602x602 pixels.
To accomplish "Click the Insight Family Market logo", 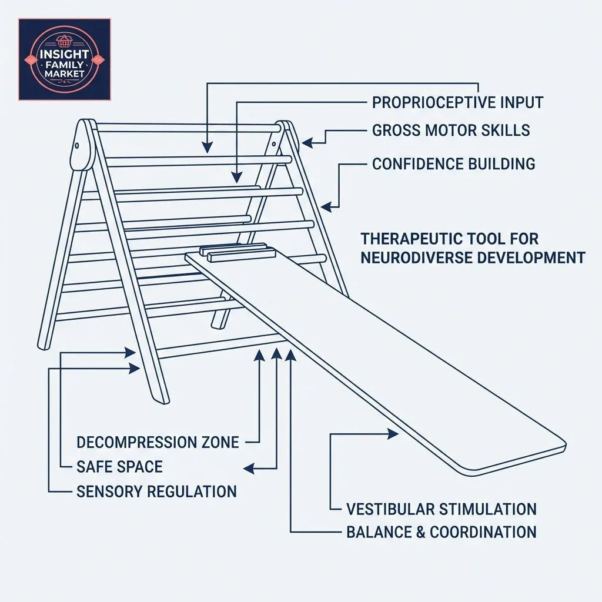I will click(x=64, y=59).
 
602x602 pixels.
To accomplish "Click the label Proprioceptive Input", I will click(x=457, y=102).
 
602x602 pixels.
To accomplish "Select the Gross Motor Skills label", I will click(x=451, y=131).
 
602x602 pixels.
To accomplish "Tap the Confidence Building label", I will click(x=453, y=164).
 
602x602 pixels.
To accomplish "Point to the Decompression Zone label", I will click(x=158, y=442).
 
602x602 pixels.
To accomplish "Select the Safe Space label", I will click(x=119, y=467).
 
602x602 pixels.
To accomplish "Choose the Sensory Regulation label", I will click(x=156, y=491).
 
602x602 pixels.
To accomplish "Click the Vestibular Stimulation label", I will click(x=441, y=509).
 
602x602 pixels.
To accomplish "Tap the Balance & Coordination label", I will click(x=441, y=533).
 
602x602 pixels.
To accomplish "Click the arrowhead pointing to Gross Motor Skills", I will click(x=307, y=141).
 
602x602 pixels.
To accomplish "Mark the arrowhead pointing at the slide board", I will click(x=393, y=434).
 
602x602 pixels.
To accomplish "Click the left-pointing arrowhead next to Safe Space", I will click(x=249, y=469).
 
